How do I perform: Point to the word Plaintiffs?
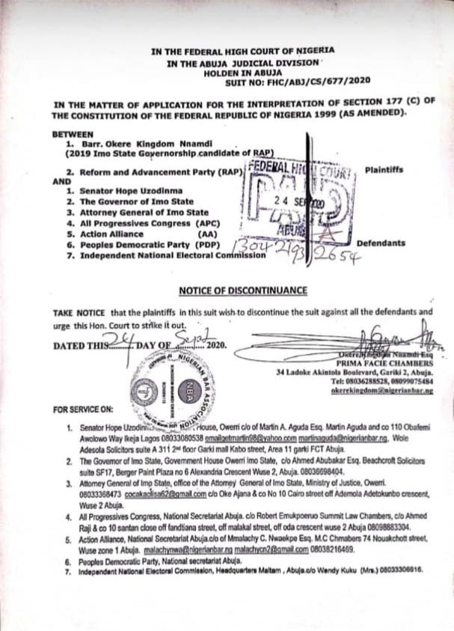[384, 170]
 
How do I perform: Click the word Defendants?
[381, 243]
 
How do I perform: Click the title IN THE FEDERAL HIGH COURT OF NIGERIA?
[243, 51]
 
